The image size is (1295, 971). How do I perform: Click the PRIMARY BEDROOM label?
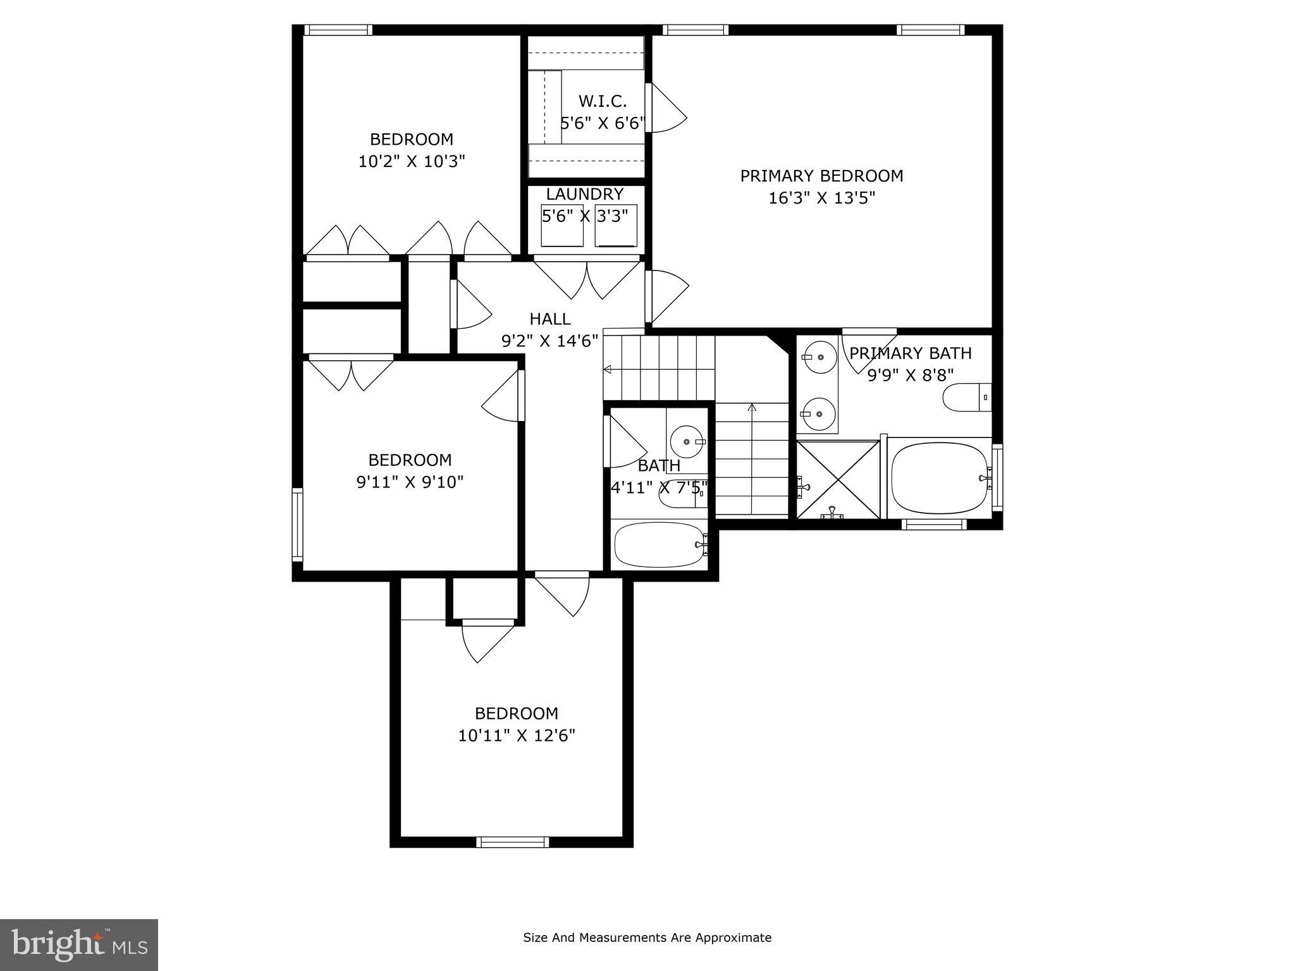point(821,176)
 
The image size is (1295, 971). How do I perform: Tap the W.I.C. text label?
point(602,101)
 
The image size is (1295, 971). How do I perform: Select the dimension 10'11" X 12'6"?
point(517,736)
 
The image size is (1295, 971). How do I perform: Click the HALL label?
point(549,319)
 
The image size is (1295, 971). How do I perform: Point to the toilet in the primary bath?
point(966,398)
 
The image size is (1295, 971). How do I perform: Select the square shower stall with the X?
point(837,480)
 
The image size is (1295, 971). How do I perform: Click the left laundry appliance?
point(562,226)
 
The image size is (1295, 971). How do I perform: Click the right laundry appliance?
point(616,226)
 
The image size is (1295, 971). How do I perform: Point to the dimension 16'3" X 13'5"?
point(821,198)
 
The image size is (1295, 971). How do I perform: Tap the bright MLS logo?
point(79,944)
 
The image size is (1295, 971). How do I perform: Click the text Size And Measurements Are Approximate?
point(647,937)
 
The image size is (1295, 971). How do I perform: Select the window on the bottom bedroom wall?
point(512,841)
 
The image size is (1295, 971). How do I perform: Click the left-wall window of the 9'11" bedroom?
point(297,524)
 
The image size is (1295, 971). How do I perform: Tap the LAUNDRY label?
point(584,194)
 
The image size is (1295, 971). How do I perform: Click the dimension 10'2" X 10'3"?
point(412,162)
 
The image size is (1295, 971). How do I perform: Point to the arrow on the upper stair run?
point(608,369)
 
